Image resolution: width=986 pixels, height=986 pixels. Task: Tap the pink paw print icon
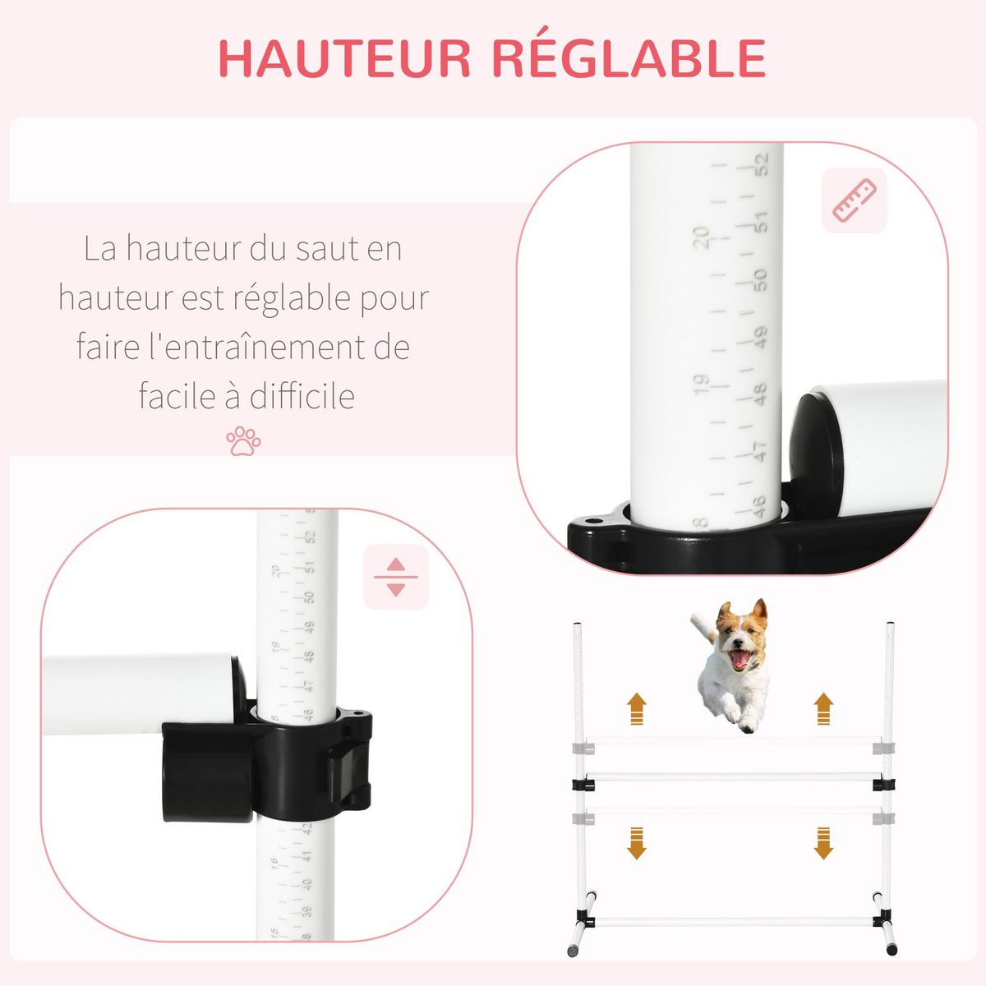point(243,441)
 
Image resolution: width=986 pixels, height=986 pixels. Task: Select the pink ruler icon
point(855,200)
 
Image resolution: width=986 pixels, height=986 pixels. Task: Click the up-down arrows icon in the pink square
point(396,577)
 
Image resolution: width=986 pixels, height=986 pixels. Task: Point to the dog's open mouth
point(740,658)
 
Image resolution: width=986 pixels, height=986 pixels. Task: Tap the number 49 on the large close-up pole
point(760,337)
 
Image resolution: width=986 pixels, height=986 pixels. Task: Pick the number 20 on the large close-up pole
point(701,237)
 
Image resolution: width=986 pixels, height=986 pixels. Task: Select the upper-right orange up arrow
point(822,707)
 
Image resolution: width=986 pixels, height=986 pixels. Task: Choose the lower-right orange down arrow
point(822,843)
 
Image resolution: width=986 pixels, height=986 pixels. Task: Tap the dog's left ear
point(724,611)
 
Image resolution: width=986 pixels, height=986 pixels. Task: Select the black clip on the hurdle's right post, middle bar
point(884,783)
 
